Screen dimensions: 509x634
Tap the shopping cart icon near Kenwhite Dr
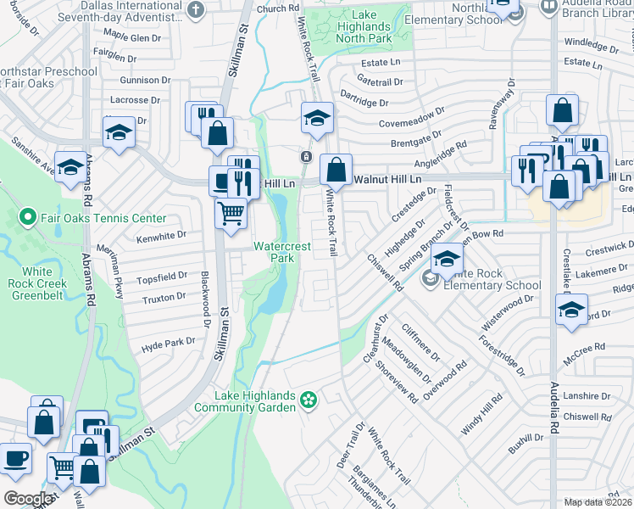(231, 215)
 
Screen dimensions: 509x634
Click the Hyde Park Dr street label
(168, 344)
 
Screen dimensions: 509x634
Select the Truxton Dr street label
(164, 298)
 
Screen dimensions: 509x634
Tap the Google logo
(28, 498)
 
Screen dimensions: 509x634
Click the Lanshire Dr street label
(587, 395)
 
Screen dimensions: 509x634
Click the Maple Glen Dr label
(131, 37)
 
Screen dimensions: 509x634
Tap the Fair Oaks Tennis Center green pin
(28, 218)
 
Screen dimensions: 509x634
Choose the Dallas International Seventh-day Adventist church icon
(195, 10)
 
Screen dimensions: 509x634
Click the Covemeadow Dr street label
(412, 118)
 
